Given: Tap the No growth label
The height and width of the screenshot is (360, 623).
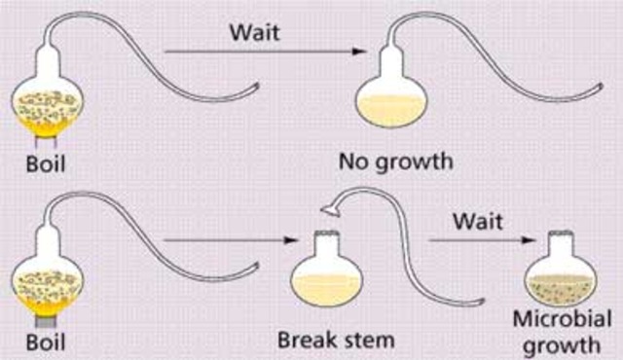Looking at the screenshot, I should point(394,160).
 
